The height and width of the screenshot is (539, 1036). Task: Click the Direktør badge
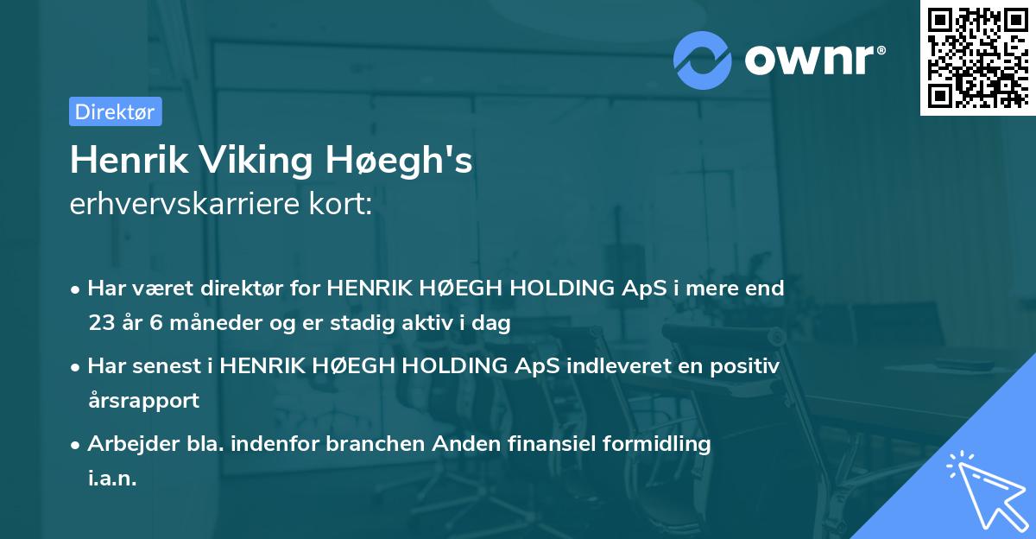pos(115,111)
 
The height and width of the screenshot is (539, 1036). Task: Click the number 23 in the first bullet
pos(100,323)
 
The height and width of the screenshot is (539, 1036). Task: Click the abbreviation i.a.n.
pos(112,479)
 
